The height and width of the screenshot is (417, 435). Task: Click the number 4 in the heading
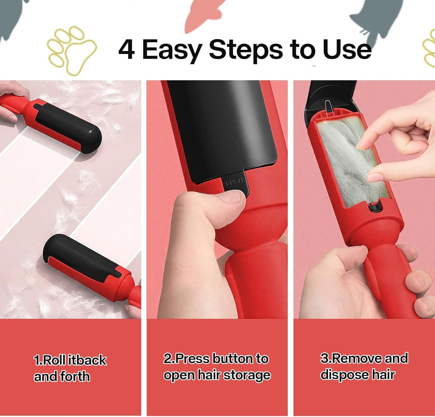(x=126, y=50)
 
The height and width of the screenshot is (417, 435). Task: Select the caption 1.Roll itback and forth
(x=70, y=368)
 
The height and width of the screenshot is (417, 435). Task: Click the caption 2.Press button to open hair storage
(x=216, y=367)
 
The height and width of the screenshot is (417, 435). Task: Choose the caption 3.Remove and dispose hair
(x=364, y=366)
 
